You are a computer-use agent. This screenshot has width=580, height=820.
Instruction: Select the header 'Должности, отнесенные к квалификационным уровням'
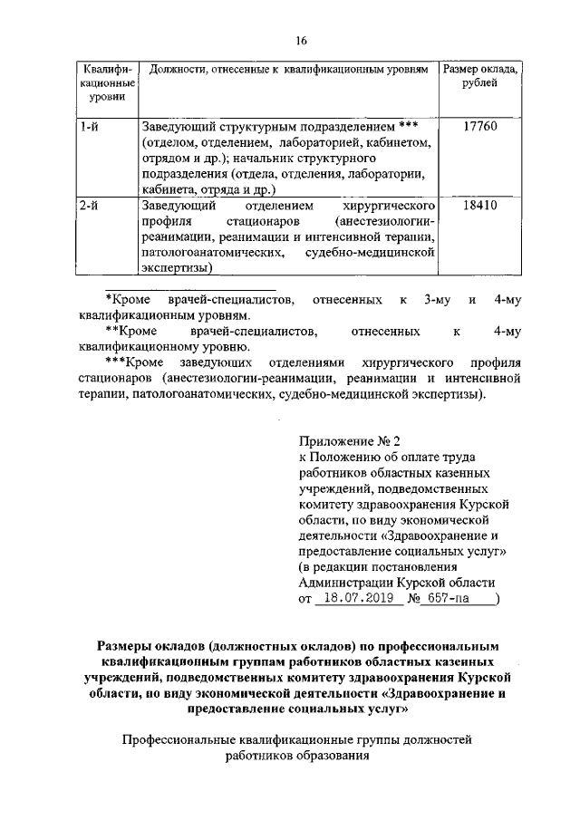tap(287, 69)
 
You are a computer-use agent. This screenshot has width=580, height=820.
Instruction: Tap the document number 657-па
tap(449, 599)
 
